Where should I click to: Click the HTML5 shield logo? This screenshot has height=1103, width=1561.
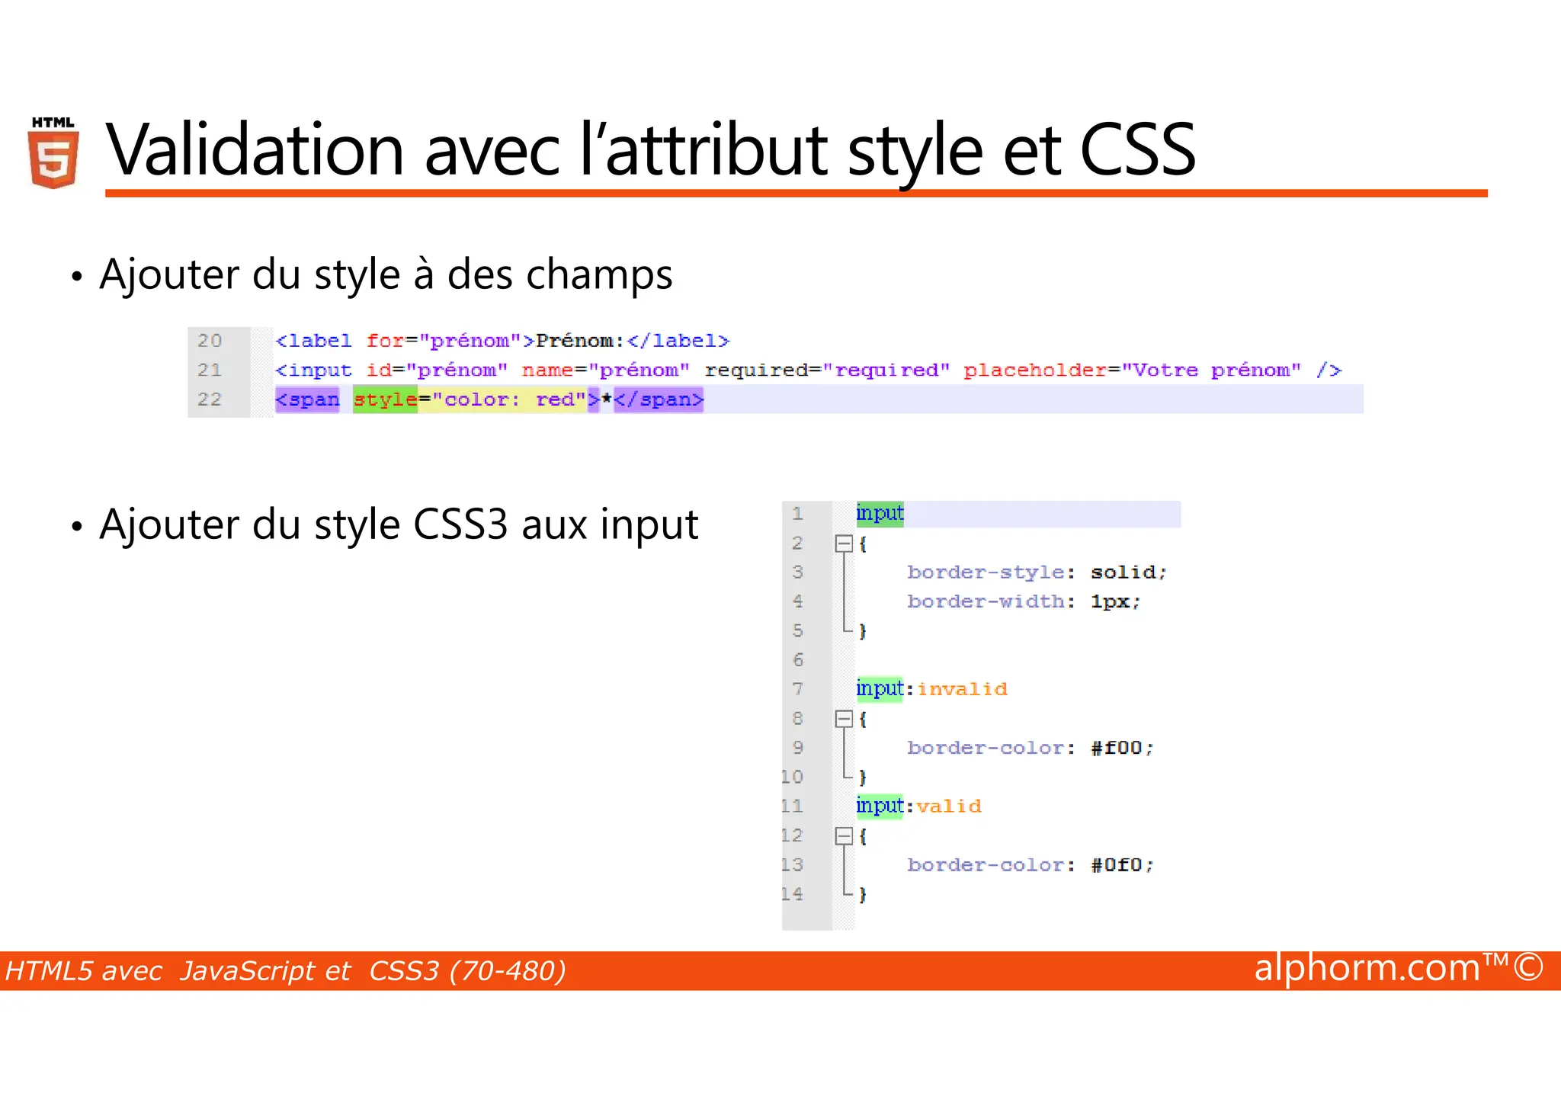click(x=53, y=153)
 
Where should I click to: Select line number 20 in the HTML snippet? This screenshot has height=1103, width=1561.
click(x=210, y=341)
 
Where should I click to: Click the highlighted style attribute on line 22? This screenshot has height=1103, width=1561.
click(x=385, y=399)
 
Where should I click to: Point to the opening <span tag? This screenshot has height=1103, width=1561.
click(x=307, y=399)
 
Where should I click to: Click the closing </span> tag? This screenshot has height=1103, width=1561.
click(x=659, y=399)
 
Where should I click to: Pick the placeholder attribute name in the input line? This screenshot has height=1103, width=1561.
click(x=1034, y=370)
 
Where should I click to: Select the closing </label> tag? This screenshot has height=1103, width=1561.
click(x=678, y=341)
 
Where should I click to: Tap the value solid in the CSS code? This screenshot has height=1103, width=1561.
click(x=1123, y=572)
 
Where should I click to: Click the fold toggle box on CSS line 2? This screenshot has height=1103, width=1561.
click(x=844, y=543)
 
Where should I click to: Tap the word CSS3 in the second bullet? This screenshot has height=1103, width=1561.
click(x=460, y=525)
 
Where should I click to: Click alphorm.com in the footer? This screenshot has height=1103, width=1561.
click(x=1367, y=968)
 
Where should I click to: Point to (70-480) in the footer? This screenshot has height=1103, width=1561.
click(x=508, y=971)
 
